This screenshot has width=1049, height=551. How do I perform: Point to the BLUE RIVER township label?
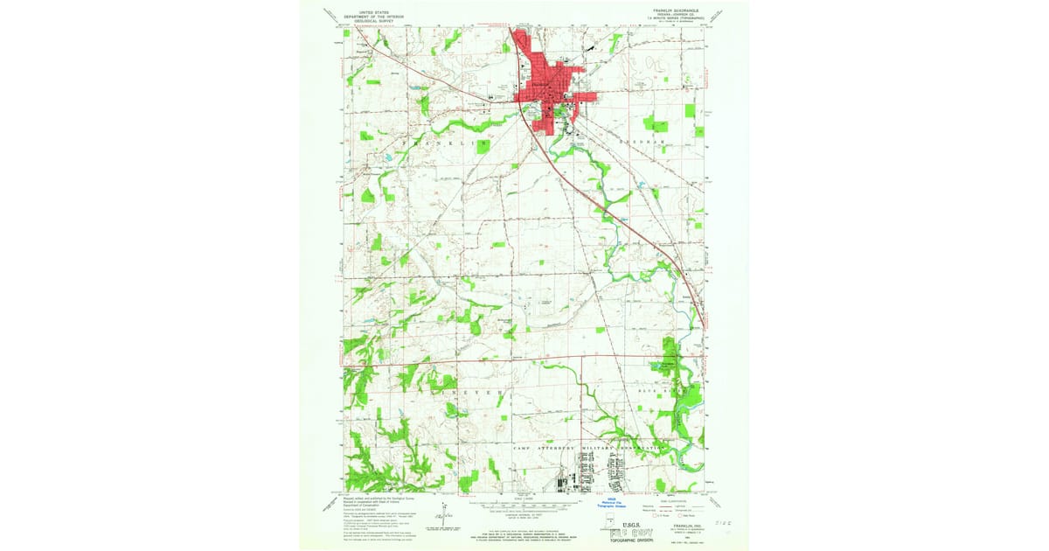click(673, 394)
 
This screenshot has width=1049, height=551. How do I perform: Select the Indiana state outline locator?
click(609, 522)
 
